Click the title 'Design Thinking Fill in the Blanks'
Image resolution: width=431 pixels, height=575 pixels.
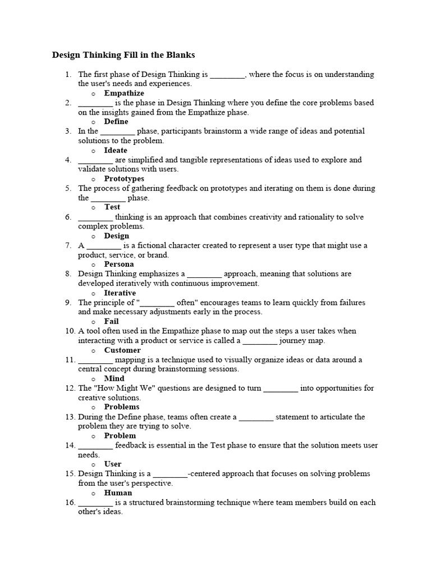point(123,55)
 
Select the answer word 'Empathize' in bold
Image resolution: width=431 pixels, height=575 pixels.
point(124,93)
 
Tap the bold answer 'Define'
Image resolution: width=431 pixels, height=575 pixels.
point(116,121)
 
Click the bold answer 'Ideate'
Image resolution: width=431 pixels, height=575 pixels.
point(116,150)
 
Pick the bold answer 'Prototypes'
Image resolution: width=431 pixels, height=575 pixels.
point(124,179)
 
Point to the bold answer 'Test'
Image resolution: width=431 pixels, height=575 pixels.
point(112,207)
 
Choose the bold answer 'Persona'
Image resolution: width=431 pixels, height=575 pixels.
point(119,264)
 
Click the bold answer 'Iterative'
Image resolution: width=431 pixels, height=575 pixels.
point(120,293)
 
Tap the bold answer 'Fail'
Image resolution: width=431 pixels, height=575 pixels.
point(111,321)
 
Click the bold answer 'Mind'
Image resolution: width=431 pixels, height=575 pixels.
point(114,378)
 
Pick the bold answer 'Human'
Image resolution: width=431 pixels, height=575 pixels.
point(118,492)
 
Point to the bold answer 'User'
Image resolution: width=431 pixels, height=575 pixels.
point(113,464)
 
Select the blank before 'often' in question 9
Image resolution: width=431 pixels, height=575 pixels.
point(157,303)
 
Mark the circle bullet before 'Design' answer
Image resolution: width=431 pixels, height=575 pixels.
point(93,236)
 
